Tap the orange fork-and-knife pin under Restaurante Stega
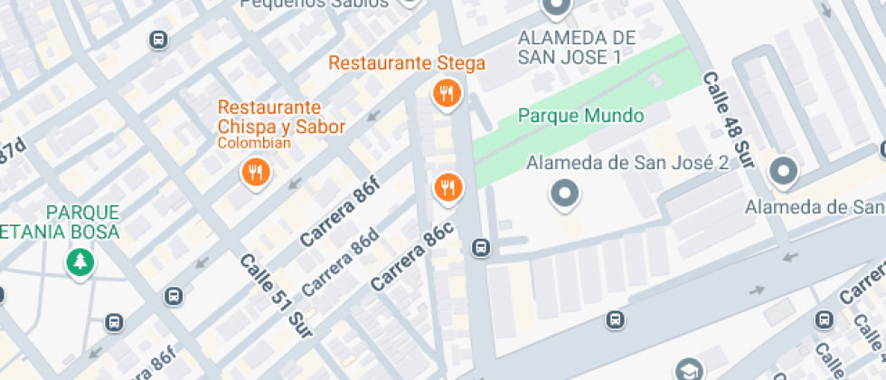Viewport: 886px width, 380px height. pos(447,93)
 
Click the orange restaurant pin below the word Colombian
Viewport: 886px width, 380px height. pos(256,172)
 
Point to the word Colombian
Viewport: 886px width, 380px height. pos(253,143)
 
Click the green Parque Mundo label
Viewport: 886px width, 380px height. pos(580,116)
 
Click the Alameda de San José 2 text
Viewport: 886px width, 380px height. pos(627,163)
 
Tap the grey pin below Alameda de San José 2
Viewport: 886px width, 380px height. pos(565,193)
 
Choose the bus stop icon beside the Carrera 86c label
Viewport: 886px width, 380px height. pos(480,248)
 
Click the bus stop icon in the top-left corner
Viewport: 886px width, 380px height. pos(158,40)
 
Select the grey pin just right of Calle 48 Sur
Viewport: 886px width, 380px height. pos(782,170)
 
